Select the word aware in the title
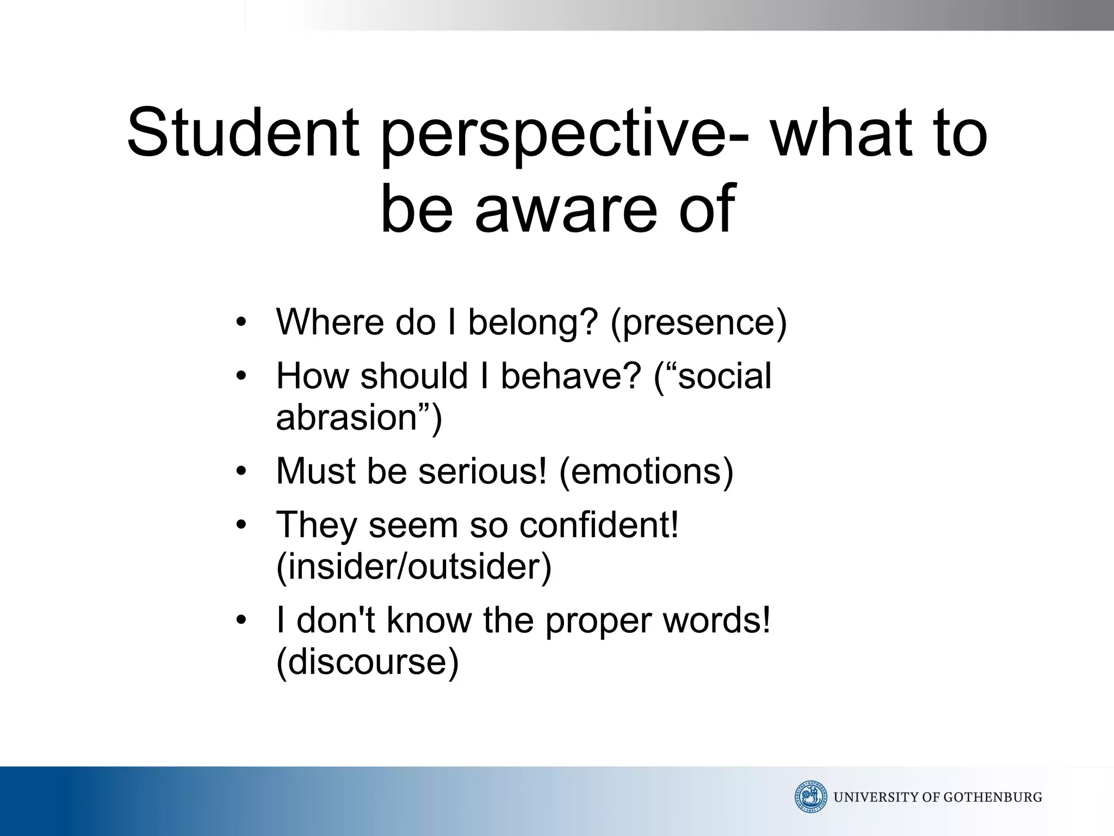pos(566,209)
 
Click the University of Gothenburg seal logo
pos(810,797)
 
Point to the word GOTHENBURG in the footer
pos(992,797)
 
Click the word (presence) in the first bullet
pos(698,323)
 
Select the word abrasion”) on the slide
pos(359,418)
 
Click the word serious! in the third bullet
pos(482,471)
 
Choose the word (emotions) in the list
pos(646,471)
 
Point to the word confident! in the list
pos(599,525)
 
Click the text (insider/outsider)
pos(414,567)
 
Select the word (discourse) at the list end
pos(368,662)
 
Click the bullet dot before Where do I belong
pos(242,322)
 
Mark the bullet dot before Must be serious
pos(242,471)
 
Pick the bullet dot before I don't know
pos(242,620)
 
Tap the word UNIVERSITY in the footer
pos(877,797)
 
